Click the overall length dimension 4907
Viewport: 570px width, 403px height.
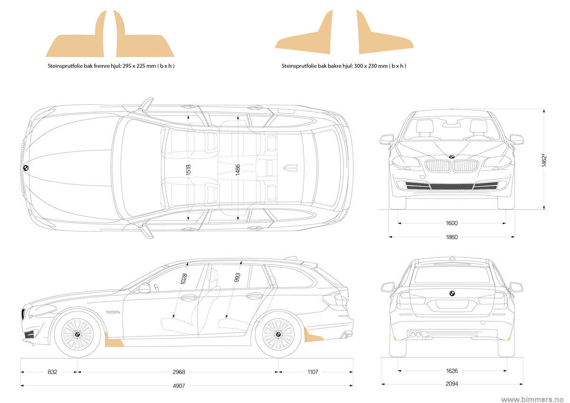pos(179,385)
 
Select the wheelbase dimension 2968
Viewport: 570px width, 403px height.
pos(179,372)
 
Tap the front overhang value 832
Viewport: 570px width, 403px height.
pos(53,372)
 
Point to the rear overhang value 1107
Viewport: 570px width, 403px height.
pos(313,372)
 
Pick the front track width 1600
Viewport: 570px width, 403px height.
pos(452,223)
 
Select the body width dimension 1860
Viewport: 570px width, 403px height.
pos(452,237)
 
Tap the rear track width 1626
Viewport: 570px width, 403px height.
pos(452,371)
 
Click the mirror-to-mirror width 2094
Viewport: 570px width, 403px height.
pos(452,384)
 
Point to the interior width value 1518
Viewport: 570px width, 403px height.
pos(189,170)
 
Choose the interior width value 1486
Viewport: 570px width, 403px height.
pos(237,170)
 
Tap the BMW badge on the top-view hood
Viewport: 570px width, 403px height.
pos(26,168)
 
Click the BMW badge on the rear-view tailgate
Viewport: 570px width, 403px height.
pos(452,293)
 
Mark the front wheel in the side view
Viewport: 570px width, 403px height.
pos(77,334)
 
